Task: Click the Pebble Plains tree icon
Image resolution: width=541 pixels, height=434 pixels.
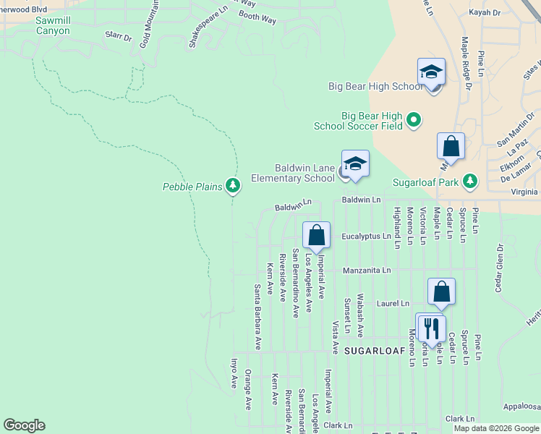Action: point(232,187)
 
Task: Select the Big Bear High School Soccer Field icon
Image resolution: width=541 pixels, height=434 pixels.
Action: point(414,119)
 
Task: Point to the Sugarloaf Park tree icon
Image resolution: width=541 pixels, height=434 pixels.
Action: point(470,180)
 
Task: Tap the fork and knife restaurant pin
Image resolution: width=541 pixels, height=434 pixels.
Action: point(431,328)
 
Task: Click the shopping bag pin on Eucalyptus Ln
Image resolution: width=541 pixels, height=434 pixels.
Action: point(316,235)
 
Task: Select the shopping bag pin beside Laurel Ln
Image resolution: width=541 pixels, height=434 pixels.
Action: point(441,292)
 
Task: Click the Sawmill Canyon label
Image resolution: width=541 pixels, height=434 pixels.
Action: point(43,26)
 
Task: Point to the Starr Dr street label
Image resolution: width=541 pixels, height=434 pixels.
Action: point(119,37)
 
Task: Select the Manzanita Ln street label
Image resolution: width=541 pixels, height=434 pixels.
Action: point(367,270)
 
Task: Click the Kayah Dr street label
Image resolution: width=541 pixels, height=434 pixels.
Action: point(485,12)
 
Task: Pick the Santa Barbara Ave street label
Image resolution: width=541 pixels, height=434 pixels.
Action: point(257,317)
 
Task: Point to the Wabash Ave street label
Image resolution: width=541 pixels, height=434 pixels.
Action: point(360,316)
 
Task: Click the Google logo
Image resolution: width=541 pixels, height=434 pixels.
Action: point(24,425)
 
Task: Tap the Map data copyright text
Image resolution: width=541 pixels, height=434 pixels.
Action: point(495,428)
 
